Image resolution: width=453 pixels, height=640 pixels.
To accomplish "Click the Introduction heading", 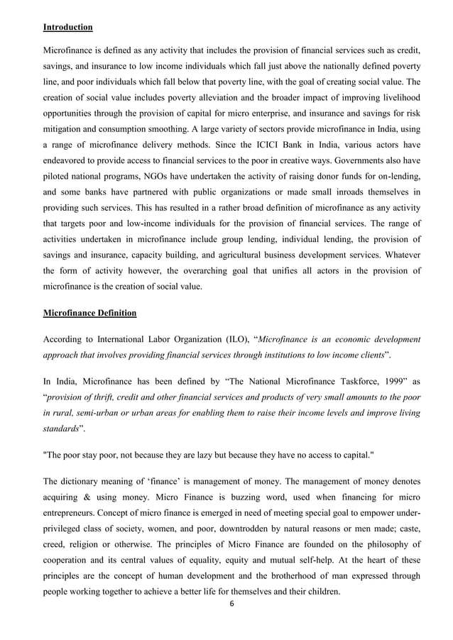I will (67, 28).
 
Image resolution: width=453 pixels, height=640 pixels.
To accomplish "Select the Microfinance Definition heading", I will (90, 312).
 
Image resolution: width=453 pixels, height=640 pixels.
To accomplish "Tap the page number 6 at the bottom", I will (231, 604).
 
